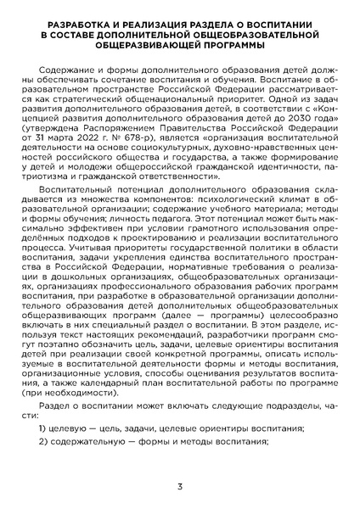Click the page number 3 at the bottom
[x=180, y=486]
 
